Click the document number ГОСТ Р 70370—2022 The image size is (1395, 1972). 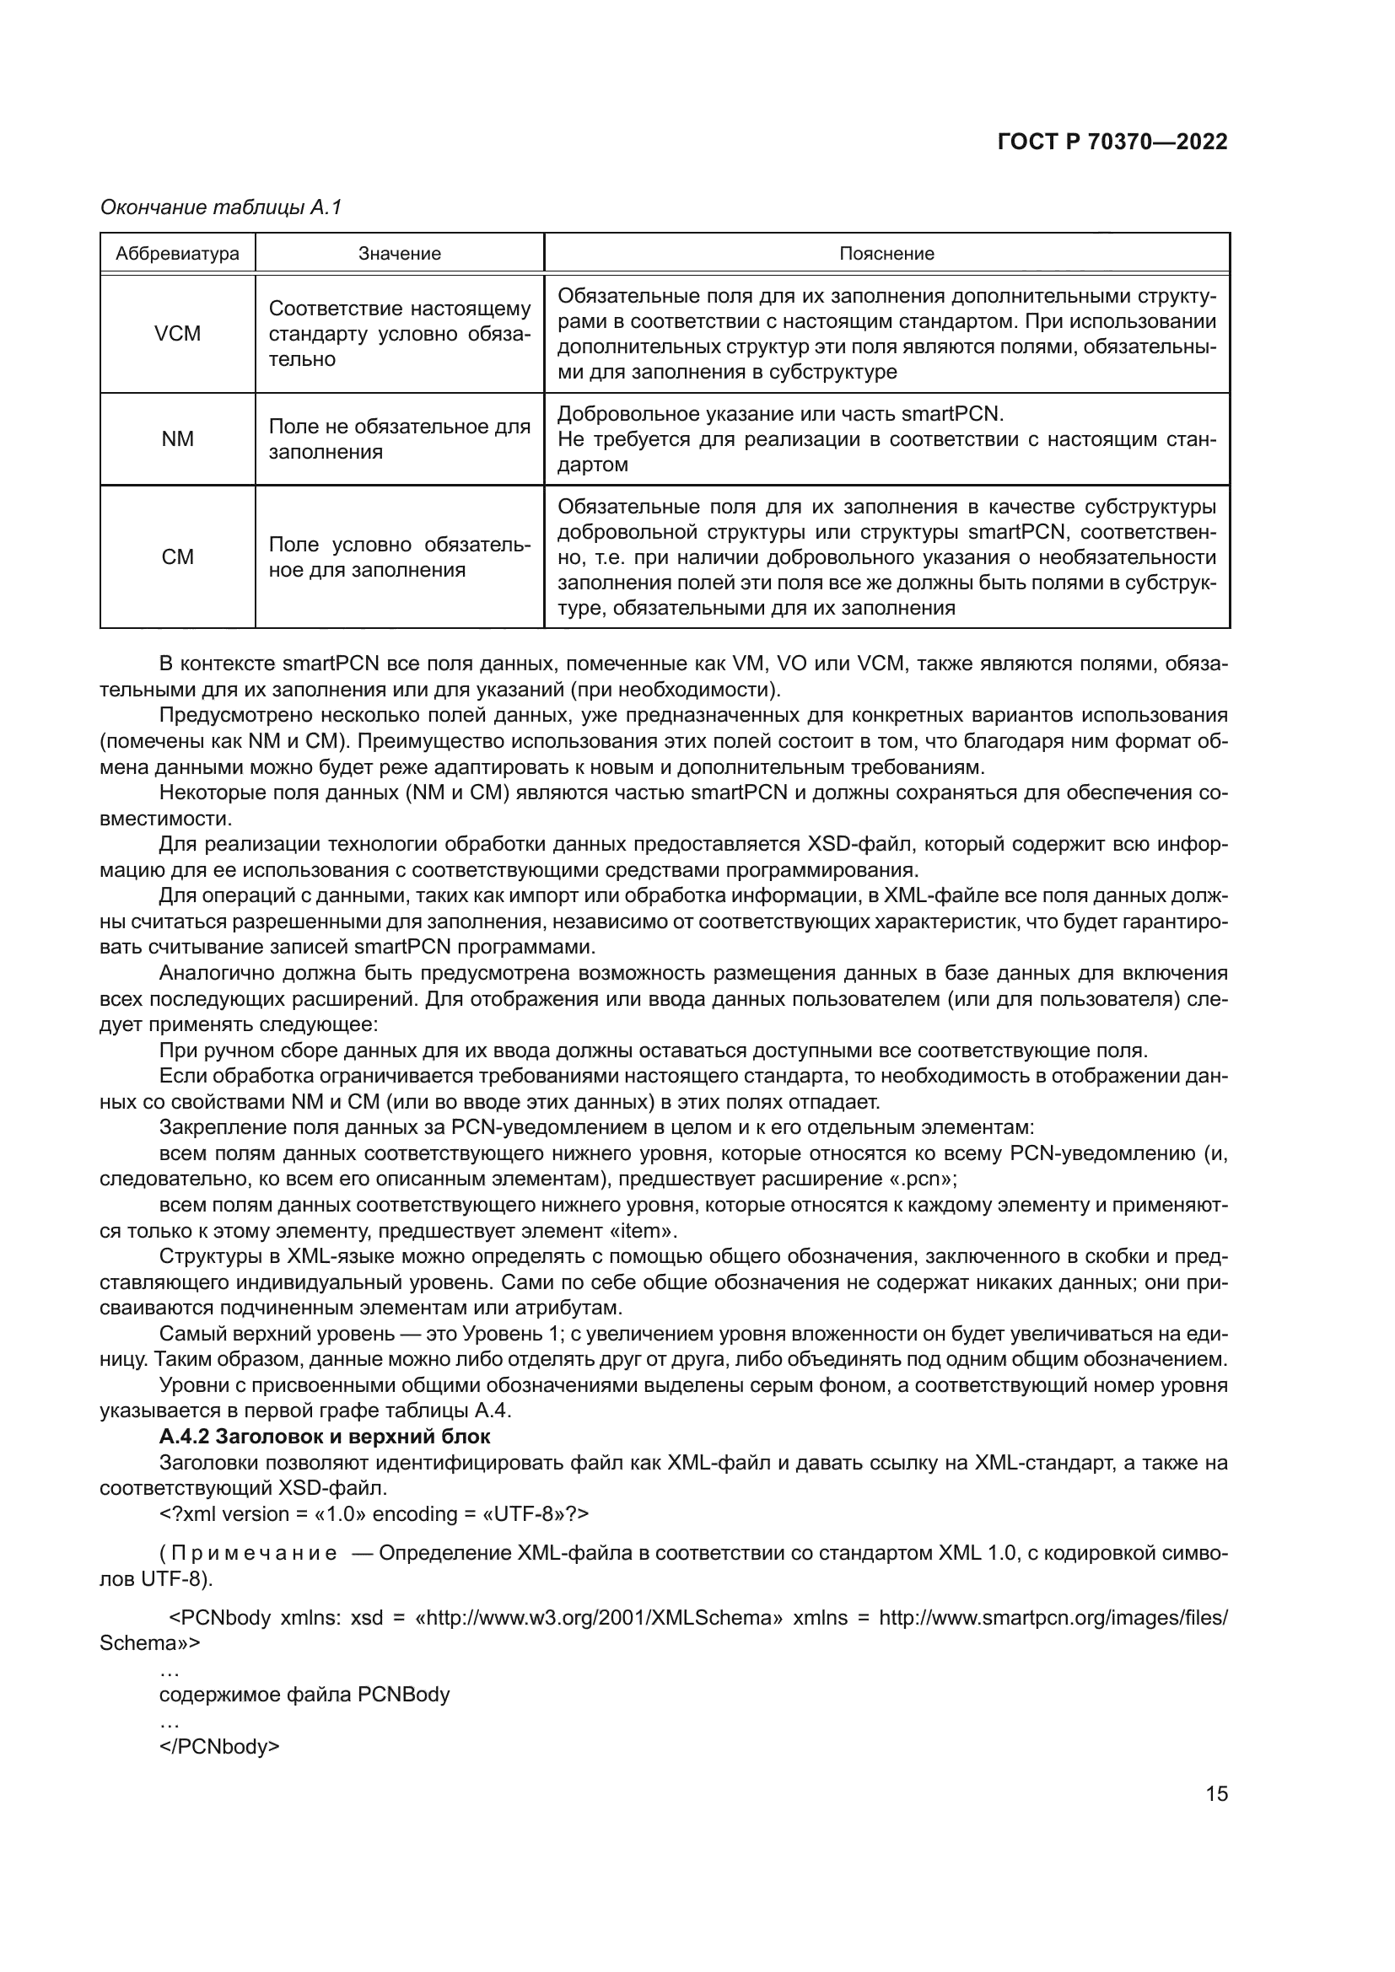click(1112, 142)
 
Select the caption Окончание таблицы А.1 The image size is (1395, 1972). click(221, 207)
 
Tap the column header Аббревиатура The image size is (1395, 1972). click(177, 254)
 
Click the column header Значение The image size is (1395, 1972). click(400, 254)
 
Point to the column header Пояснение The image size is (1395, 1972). click(886, 254)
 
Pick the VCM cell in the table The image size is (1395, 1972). click(177, 333)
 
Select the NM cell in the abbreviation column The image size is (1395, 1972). click(177, 439)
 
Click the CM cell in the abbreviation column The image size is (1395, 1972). click(177, 556)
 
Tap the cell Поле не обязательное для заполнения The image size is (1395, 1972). click(400, 439)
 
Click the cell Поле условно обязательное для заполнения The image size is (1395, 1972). click(400, 556)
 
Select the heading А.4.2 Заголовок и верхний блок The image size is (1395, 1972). click(325, 1436)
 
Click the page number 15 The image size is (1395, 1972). click(1216, 1793)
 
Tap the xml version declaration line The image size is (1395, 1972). click(374, 1513)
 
